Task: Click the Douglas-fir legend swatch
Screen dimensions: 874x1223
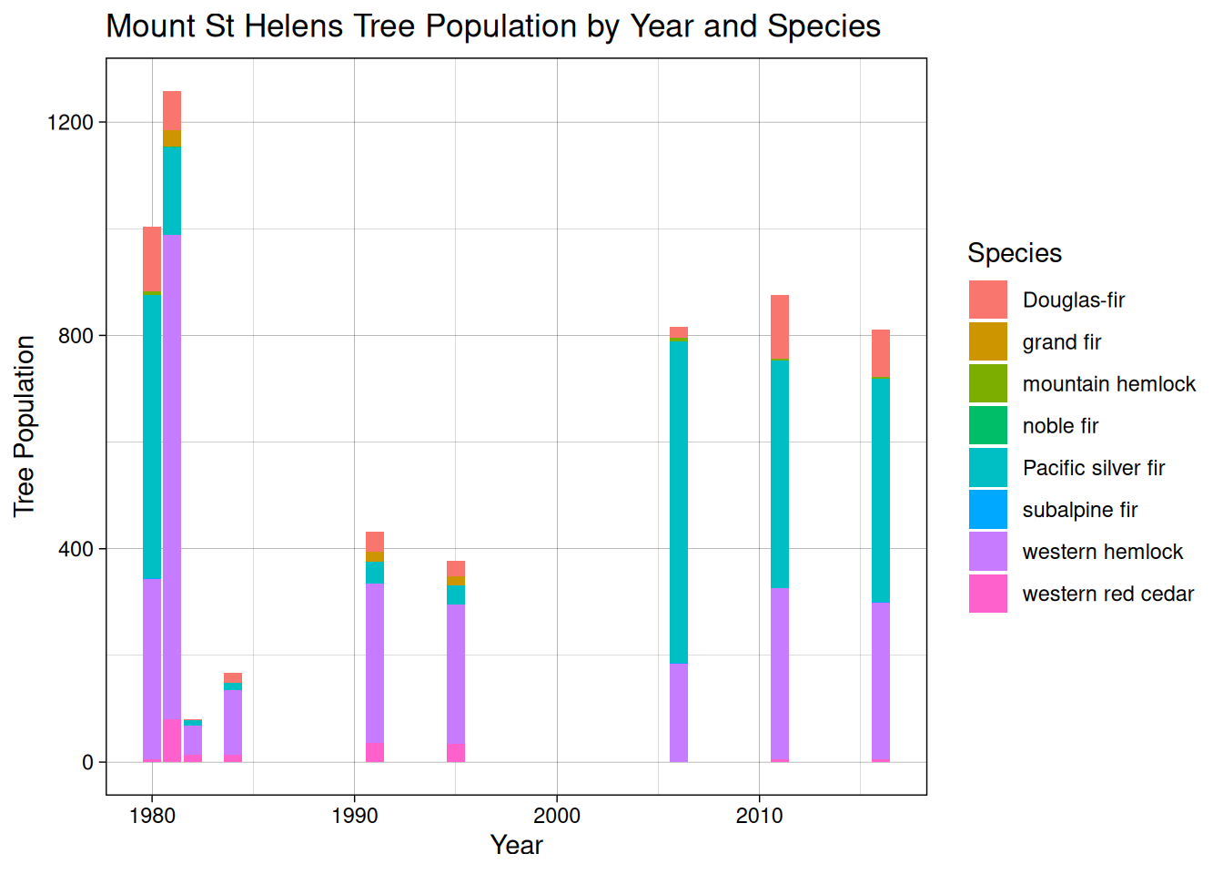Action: (987, 300)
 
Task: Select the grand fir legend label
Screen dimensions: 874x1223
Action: (1061, 342)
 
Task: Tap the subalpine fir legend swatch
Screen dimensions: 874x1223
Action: (987, 510)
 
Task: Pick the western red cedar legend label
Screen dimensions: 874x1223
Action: (1107, 594)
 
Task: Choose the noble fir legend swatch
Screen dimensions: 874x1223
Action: (987, 426)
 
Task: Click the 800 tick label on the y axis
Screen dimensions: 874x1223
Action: (76, 335)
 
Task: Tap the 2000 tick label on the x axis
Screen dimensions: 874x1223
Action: (557, 816)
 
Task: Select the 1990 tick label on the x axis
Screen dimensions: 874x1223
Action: (355, 816)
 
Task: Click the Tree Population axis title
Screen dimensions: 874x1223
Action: (25, 426)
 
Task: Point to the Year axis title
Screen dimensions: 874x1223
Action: (516, 845)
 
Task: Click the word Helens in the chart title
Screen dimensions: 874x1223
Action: (295, 26)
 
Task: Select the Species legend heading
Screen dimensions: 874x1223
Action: (1014, 253)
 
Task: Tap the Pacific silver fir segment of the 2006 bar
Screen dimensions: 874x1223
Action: (679, 501)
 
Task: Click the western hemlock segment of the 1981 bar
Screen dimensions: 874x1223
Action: (172, 473)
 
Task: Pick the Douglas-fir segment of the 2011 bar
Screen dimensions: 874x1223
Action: (780, 326)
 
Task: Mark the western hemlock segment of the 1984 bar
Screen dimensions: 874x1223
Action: (233, 721)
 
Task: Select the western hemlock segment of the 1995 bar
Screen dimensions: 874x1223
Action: (456, 674)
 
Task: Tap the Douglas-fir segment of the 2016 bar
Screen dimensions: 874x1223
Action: (881, 352)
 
